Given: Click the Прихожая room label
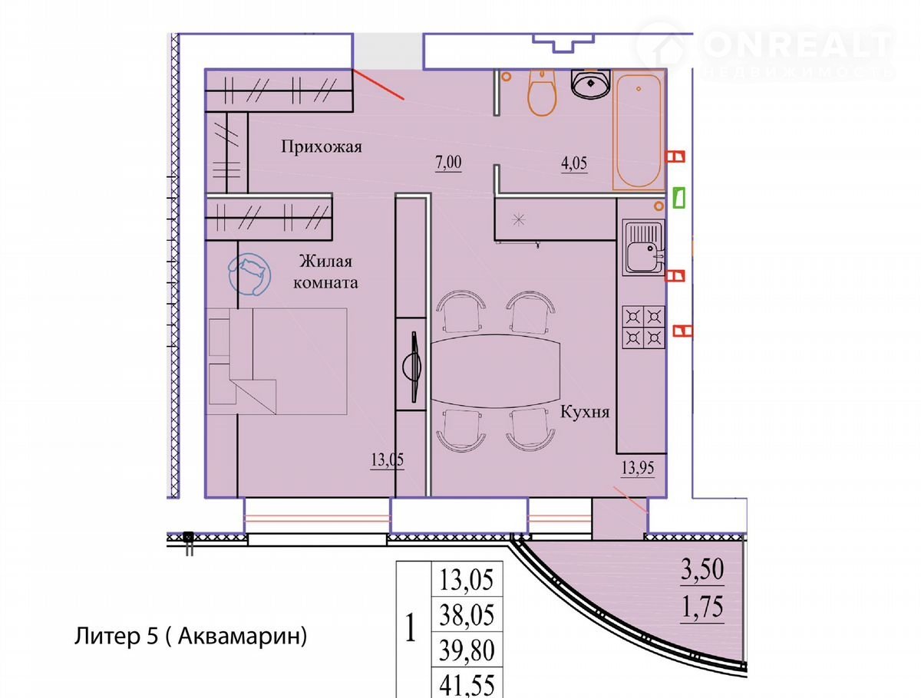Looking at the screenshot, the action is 321,147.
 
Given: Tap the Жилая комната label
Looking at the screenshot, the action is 325,272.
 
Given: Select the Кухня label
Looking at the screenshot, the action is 585,412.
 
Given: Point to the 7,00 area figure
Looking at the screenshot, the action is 448,163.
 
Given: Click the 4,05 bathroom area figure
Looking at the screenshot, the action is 574,163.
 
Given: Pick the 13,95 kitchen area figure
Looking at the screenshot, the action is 638,468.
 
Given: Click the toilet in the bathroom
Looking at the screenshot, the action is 543,93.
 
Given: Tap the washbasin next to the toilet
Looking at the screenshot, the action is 591,84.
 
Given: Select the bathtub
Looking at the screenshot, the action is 639,130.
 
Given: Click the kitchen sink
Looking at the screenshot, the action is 643,247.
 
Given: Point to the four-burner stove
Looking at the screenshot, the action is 643,327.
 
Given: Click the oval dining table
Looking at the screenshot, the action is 495,370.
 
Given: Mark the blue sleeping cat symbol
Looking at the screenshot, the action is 249,275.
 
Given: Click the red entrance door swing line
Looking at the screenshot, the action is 378,84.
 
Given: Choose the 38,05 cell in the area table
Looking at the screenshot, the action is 467,615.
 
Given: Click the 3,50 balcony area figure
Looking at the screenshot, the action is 702,569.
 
